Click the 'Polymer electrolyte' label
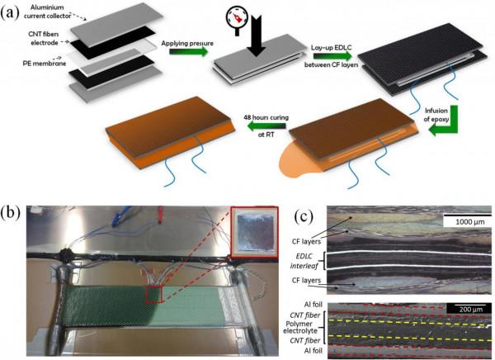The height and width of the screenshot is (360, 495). (302, 329)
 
